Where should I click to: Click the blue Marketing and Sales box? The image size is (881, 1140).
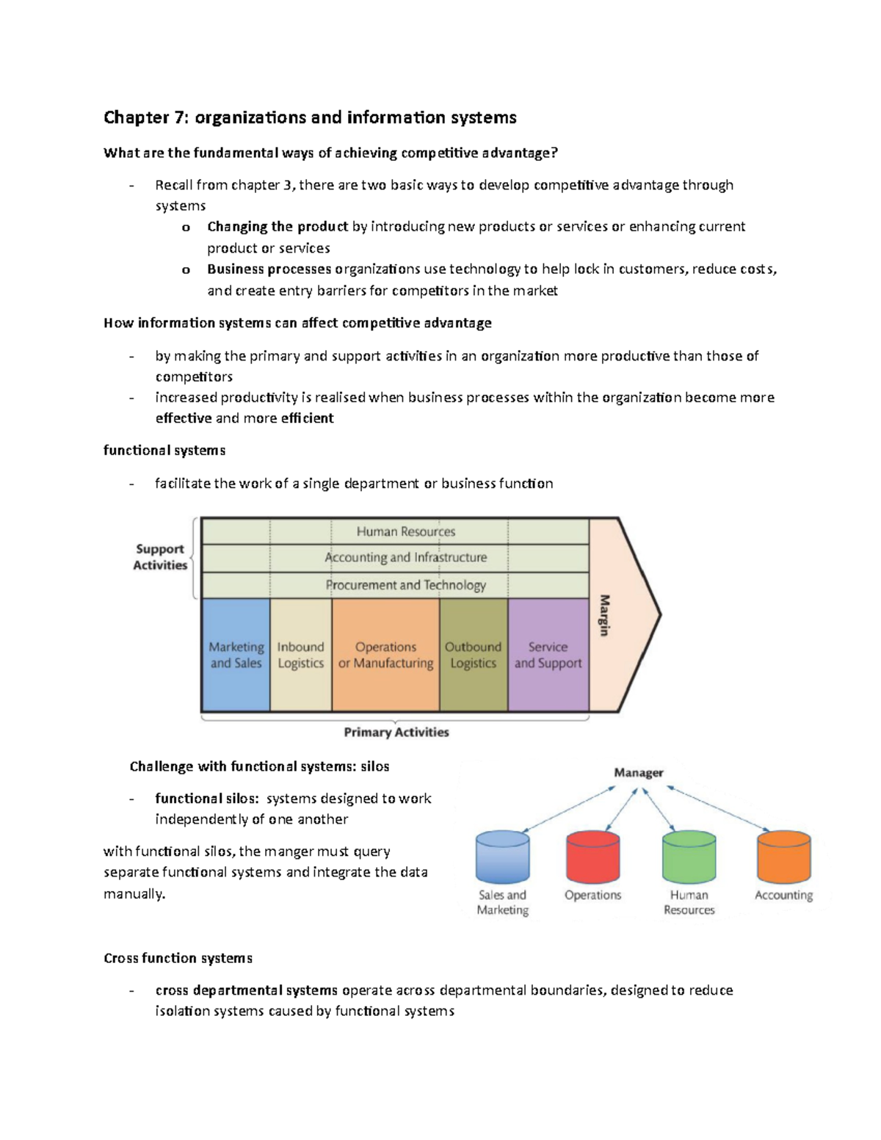pos(236,655)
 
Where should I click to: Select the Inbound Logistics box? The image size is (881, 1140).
pos(301,655)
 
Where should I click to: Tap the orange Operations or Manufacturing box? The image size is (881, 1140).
pos(385,655)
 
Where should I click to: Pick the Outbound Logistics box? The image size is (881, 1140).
pos(474,655)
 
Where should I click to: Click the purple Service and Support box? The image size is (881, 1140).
pos(548,655)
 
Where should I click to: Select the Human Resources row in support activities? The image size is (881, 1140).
pos(405,531)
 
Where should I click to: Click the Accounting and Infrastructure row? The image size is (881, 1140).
pos(405,558)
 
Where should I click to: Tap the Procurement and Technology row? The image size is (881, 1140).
pos(405,585)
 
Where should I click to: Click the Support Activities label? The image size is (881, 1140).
pos(160,557)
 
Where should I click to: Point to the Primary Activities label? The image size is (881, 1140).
pos(396,732)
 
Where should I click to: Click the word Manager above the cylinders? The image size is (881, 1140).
pos(639,772)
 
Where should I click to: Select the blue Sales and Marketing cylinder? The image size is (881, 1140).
pos(502,857)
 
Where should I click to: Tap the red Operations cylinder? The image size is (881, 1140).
pos(593,857)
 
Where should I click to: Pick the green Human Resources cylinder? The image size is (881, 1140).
pos(689,857)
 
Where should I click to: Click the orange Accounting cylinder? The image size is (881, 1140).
pos(783,857)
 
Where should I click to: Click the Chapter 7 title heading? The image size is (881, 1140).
pos(310,117)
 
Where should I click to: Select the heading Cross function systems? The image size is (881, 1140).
pos(178,958)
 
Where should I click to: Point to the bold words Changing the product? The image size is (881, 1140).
pos(278,227)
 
